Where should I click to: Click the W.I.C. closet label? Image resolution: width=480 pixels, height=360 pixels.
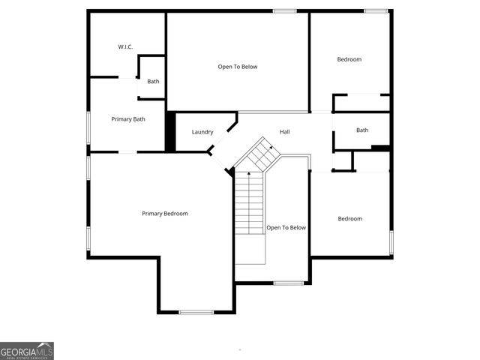(x=125, y=47)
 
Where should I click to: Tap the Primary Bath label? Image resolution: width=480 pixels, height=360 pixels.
(x=128, y=119)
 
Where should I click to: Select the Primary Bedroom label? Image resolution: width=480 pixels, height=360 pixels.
(x=165, y=214)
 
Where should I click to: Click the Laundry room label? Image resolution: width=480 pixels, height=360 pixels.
(x=202, y=132)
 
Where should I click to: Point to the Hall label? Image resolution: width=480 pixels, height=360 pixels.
(x=285, y=132)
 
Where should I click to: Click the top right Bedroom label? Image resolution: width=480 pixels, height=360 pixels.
(x=349, y=59)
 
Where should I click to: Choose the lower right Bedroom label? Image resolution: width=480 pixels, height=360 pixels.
(x=349, y=219)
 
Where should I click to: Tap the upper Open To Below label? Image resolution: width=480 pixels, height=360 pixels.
(x=238, y=67)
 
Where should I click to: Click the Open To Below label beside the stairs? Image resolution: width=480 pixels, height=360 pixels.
(x=286, y=228)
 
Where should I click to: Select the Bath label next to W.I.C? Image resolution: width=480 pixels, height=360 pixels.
(x=153, y=82)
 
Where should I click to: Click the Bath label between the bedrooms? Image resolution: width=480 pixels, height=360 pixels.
(x=362, y=130)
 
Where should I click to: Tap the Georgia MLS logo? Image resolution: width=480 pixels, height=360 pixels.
(x=27, y=351)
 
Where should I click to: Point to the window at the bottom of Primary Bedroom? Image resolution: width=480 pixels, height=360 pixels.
(x=196, y=312)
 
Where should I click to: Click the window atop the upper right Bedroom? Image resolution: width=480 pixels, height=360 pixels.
(x=376, y=10)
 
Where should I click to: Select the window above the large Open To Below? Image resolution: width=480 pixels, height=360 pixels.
(x=284, y=10)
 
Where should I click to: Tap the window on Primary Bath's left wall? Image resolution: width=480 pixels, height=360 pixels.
(x=88, y=127)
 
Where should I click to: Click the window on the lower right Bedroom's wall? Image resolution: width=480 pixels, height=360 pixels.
(x=391, y=241)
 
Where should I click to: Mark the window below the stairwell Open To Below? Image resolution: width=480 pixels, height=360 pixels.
(x=288, y=283)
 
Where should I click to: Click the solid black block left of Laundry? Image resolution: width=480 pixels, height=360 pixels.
(x=170, y=132)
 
